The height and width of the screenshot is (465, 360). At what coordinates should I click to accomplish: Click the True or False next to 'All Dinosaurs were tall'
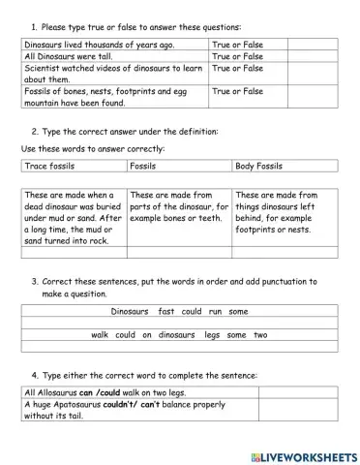pos(237,57)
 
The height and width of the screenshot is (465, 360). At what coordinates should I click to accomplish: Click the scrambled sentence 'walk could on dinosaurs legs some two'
pos(179,334)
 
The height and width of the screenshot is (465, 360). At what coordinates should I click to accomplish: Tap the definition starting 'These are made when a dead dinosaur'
pos(73,217)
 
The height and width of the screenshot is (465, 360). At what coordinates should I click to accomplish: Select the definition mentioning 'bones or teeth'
pos(179,205)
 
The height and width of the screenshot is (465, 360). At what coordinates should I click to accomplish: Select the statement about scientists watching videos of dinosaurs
pos(111,74)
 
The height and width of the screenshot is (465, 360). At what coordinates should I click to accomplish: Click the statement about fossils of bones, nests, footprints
pos(111,96)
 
